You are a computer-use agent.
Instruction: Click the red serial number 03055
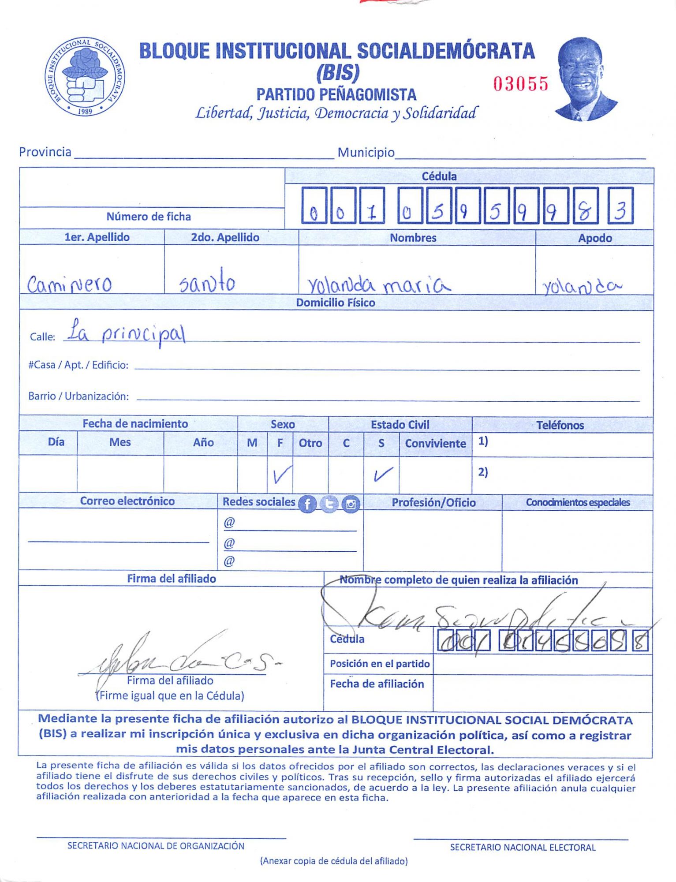[x=521, y=83]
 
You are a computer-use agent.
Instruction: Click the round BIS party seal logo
[x=85, y=77]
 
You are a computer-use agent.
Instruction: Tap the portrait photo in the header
[x=586, y=79]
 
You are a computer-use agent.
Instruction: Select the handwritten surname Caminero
[x=69, y=284]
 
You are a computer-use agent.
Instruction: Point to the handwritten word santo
[x=207, y=281]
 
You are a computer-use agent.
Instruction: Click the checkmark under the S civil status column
[x=382, y=475]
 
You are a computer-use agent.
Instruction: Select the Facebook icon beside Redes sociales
[x=307, y=504]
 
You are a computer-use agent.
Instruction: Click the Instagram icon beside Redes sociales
[x=351, y=504]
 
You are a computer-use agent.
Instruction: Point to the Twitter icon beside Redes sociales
[x=329, y=504]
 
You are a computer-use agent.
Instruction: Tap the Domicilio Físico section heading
[x=335, y=303]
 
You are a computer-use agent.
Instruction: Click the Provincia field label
[x=45, y=152]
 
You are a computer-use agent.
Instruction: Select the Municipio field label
[x=366, y=153]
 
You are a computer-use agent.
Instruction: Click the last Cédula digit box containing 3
[x=620, y=206]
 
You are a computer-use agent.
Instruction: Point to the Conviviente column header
[x=435, y=443]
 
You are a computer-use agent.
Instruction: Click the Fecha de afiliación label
[x=377, y=684]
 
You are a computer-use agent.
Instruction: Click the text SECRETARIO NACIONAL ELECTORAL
[x=523, y=847]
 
